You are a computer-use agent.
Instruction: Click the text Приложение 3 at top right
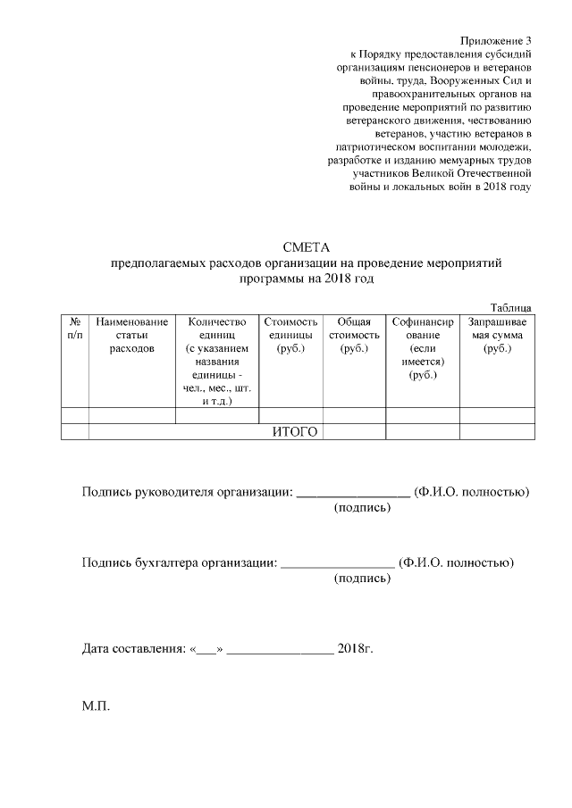[496, 41]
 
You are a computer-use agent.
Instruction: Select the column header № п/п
[74, 328]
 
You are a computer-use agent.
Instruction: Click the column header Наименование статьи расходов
[131, 335]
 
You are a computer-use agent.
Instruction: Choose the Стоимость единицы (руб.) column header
[290, 335]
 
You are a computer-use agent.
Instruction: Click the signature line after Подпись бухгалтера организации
[337, 563]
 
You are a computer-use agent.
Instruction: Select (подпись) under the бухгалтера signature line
[362, 579]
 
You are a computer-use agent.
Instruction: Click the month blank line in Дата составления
[281, 649]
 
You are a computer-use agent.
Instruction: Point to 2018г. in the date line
[355, 647]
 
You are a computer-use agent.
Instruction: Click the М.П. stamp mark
[95, 706]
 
